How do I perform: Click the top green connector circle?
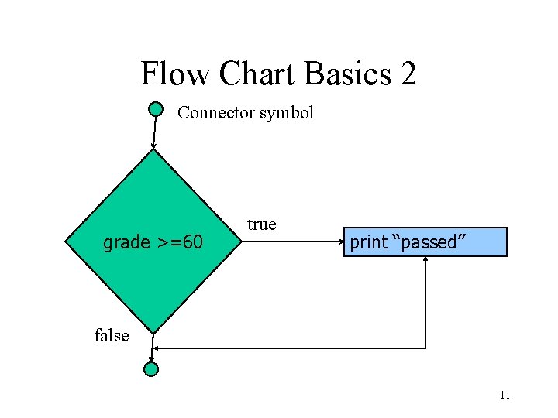pyautogui.click(x=156, y=109)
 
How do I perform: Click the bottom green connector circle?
pyautogui.click(x=152, y=369)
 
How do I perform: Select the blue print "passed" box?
pyautogui.click(x=425, y=242)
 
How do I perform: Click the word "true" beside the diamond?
pyautogui.click(x=261, y=224)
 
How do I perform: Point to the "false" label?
pyautogui.click(x=111, y=335)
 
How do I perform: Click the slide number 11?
pyautogui.click(x=505, y=396)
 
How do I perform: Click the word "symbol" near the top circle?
pyautogui.click(x=286, y=113)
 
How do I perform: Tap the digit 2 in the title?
pyautogui.click(x=408, y=74)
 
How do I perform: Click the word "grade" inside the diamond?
pyautogui.click(x=126, y=243)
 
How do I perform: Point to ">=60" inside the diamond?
pyautogui.click(x=178, y=243)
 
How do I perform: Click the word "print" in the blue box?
pyautogui.click(x=368, y=242)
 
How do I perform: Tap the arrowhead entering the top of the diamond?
pyautogui.click(x=153, y=146)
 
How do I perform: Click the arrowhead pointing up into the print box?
pyautogui.click(x=425, y=260)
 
